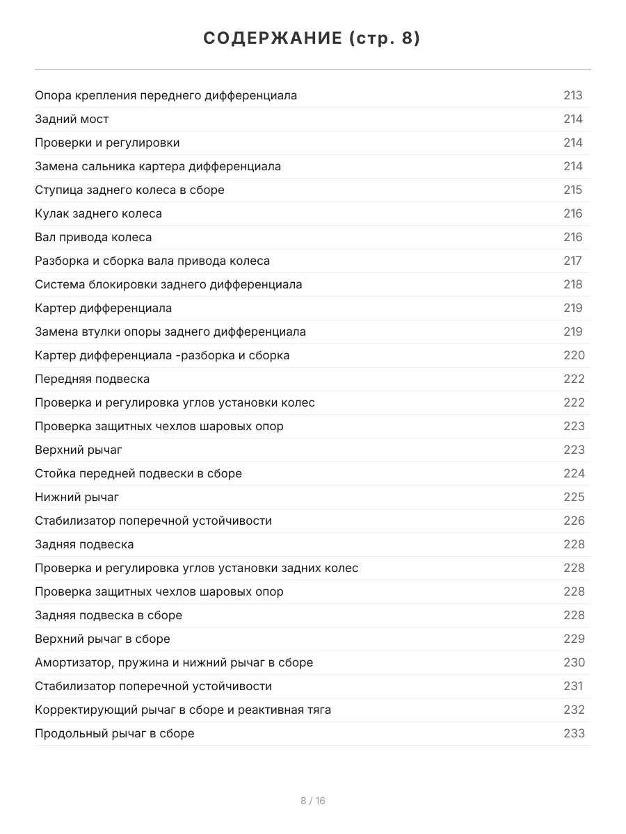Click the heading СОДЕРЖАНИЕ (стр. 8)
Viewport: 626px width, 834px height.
(x=312, y=39)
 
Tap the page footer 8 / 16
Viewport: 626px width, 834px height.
(x=312, y=801)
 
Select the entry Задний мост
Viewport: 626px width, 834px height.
(x=72, y=119)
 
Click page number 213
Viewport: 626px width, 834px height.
(x=572, y=95)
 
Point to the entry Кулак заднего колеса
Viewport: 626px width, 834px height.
(x=98, y=213)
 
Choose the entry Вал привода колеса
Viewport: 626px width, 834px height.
(x=93, y=237)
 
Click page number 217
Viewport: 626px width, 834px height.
(x=572, y=261)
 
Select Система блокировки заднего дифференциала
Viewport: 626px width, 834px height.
(x=168, y=284)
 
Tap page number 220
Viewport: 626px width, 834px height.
(x=574, y=355)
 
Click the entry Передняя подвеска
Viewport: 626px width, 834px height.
(x=92, y=379)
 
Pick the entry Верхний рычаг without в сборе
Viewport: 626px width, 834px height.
(x=79, y=450)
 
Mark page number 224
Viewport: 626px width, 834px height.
(x=574, y=473)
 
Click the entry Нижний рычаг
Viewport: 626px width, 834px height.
(x=77, y=497)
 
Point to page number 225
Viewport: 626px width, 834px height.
(x=574, y=497)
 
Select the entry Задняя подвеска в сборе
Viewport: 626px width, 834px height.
(x=109, y=615)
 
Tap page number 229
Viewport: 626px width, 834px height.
(x=574, y=639)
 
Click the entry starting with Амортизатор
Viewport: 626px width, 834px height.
(x=174, y=662)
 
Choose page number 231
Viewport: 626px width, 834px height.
(x=572, y=686)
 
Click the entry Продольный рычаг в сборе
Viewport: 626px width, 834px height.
(x=115, y=733)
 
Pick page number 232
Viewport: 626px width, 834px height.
(x=574, y=710)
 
